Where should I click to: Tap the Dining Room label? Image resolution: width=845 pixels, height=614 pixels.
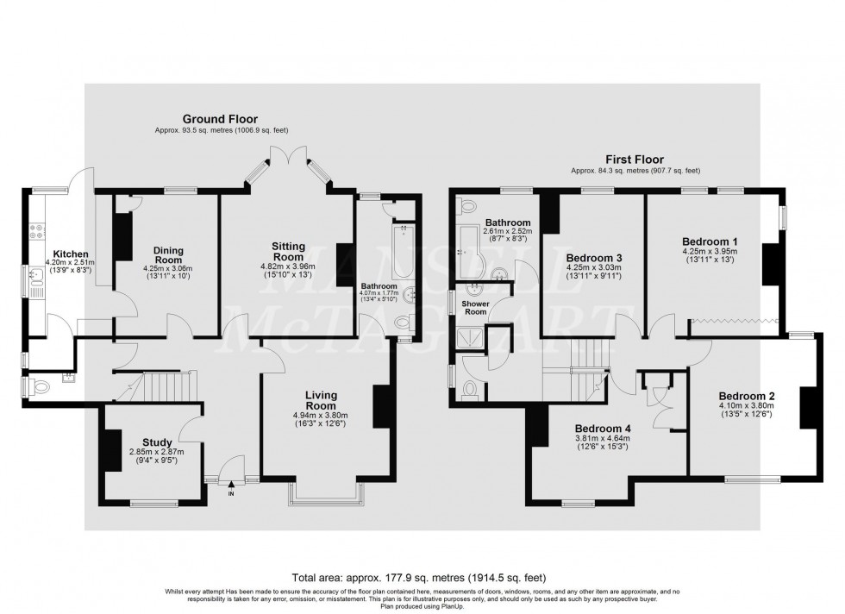pos(168,255)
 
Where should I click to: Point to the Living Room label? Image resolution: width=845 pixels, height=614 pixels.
pos(321,400)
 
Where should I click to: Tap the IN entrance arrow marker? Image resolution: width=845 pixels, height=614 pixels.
pos(230,491)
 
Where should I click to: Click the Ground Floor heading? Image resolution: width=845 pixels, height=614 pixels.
pos(219,119)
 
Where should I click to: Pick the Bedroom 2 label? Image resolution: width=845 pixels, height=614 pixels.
pos(747,396)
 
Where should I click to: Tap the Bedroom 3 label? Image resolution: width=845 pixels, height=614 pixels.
pos(593,257)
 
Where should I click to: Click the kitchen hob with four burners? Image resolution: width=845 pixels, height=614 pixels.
pos(38,232)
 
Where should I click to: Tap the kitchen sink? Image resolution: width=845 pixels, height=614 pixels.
pos(37,277)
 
